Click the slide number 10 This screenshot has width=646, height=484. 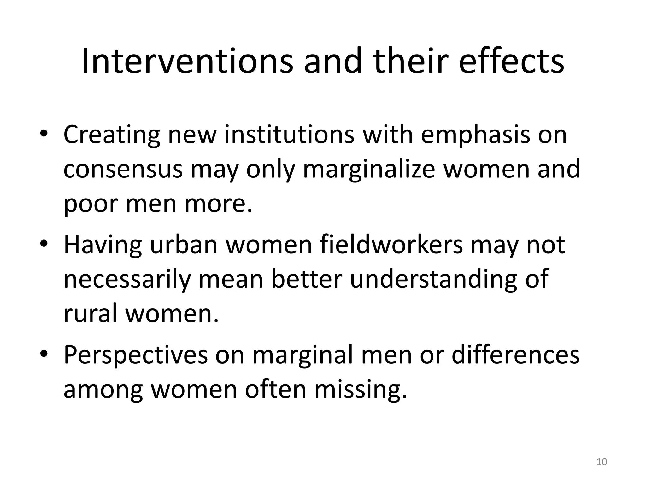coord(602,462)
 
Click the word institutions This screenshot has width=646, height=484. coord(289,135)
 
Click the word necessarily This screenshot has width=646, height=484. coord(127,280)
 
